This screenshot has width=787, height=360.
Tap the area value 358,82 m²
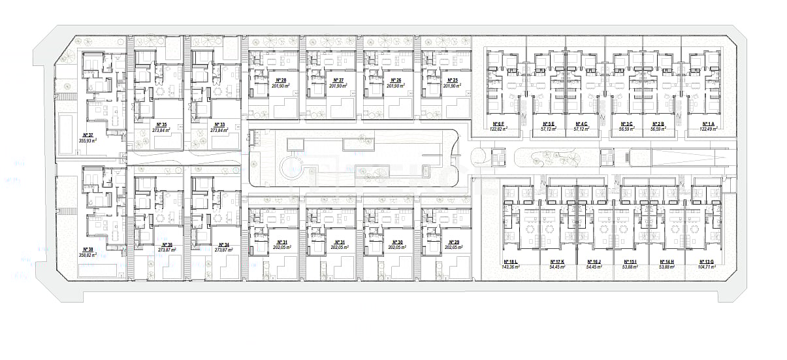tap(87, 255)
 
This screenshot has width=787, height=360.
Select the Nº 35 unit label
tap(162, 124)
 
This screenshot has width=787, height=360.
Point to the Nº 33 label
tap(219, 124)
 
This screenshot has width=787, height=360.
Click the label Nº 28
tap(281, 80)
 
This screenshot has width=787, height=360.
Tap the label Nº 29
tap(452, 242)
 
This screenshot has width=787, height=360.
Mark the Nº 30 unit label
tap(396, 242)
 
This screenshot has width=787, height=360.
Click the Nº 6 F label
tap(497, 123)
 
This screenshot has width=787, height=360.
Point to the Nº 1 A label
tap(707, 123)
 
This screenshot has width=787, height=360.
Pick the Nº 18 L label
tap(510, 261)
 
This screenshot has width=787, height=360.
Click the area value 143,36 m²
tap(510, 267)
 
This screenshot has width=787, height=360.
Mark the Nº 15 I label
tap(630, 261)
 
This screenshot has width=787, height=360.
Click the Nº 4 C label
tap(581, 123)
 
